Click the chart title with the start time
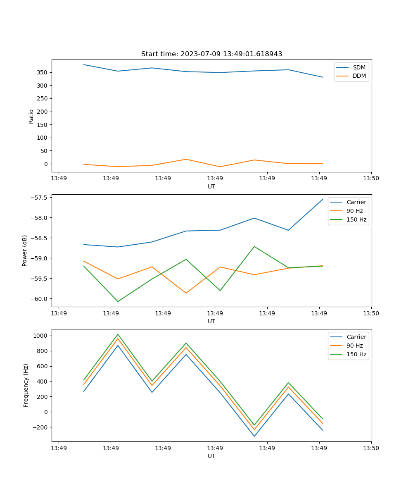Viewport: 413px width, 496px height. [x=211, y=54]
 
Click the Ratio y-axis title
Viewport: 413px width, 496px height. [x=31, y=116]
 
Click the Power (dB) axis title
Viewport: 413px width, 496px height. [x=25, y=250]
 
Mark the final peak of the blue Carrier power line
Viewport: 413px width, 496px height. [x=323, y=199]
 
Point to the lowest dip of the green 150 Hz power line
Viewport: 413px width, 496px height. [x=118, y=301]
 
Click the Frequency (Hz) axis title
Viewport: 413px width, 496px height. [x=26, y=385]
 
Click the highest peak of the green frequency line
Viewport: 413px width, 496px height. [x=118, y=334]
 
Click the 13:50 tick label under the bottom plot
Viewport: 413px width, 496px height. [x=371, y=448]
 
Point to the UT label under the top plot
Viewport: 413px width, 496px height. [x=211, y=186]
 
